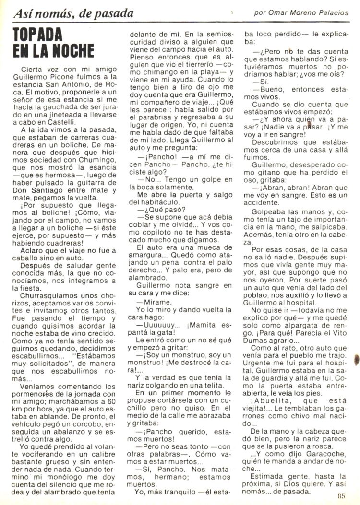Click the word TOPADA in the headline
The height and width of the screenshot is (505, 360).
click(38, 34)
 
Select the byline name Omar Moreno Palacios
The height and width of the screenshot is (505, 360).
click(308, 13)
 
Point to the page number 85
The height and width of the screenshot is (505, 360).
click(342, 496)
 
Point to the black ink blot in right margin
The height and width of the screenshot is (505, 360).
click(356, 359)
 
